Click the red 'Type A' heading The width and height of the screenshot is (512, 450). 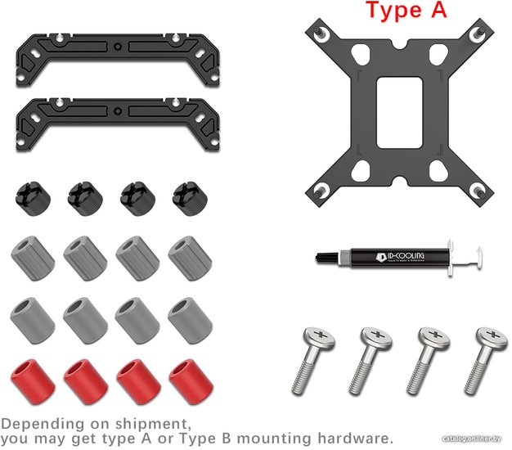(405, 11)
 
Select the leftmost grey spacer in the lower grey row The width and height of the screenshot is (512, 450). (32, 317)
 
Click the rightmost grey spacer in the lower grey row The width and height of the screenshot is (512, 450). (189, 317)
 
